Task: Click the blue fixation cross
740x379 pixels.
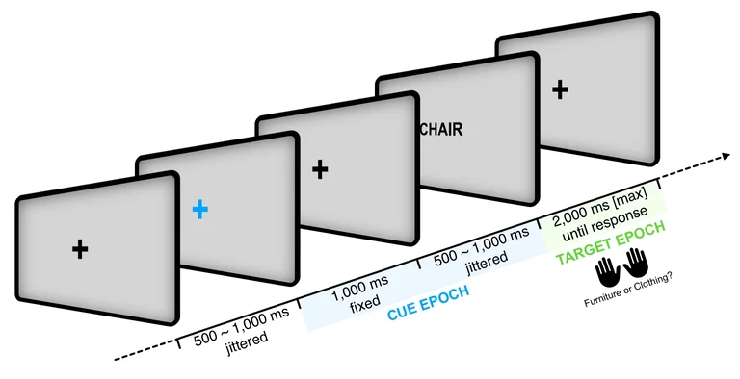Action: [x=199, y=208]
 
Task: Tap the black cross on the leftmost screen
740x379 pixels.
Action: [x=80, y=249]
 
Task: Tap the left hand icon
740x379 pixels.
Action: [x=606, y=266]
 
